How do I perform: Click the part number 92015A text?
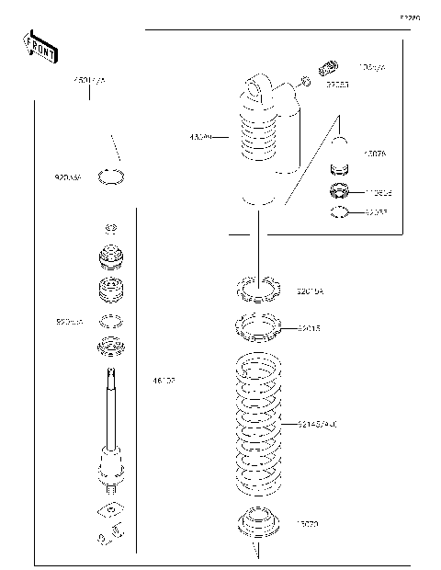coord(311,291)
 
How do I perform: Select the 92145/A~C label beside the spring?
coord(318,425)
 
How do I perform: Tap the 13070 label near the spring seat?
coord(307,522)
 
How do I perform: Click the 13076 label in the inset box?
coord(375,154)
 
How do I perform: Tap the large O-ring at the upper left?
coord(111,176)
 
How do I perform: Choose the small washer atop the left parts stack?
coord(110,228)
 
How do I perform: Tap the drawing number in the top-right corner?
coord(409,17)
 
